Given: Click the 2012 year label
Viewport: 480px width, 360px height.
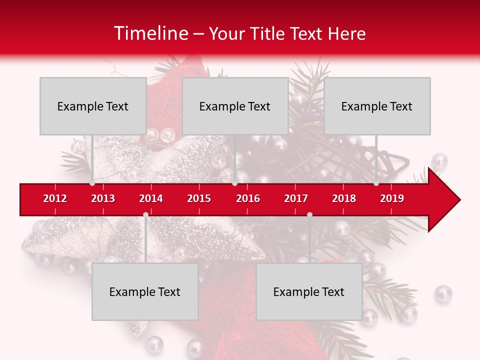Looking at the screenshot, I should tap(55, 198).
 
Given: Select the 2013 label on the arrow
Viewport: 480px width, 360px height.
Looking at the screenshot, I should tap(103, 198).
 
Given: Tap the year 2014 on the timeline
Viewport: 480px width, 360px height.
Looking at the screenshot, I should tap(151, 198).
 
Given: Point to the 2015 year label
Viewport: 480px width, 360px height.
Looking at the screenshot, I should tap(199, 198).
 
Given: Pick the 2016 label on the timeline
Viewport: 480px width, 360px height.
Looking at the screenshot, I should tap(248, 198).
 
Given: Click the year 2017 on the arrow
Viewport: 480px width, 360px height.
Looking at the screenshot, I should tap(296, 198).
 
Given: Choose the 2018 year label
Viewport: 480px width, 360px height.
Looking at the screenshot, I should tap(344, 198).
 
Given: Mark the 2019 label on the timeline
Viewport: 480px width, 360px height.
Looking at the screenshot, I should tap(392, 198).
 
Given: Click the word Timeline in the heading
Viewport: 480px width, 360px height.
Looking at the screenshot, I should tap(150, 33).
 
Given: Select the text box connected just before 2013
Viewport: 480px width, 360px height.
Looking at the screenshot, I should tap(93, 106).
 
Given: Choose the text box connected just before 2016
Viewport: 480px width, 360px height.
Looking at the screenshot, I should tap(235, 106).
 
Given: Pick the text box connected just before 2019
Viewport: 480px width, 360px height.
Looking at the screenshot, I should tap(377, 106).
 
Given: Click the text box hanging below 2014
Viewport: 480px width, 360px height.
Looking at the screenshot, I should tap(145, 291).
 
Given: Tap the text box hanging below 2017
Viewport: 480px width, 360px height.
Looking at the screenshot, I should tap(309, 291).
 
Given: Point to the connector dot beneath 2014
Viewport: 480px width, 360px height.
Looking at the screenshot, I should tap(145, 215).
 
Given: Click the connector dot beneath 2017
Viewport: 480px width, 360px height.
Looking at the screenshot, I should tap(309, 215).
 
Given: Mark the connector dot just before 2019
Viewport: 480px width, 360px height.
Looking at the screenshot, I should tap(376, 183).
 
